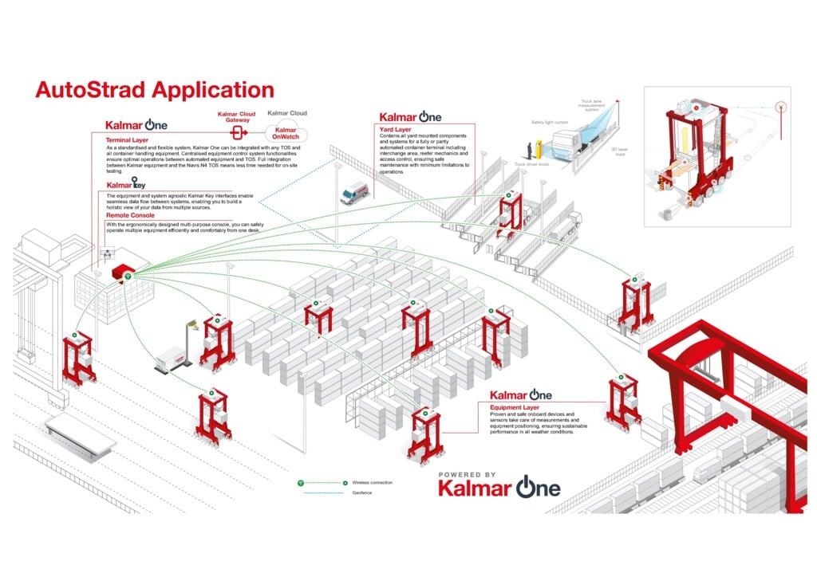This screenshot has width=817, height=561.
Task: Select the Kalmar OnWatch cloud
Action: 285,133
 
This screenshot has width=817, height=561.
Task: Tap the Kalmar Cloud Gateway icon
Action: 237,131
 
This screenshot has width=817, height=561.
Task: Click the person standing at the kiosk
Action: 527,150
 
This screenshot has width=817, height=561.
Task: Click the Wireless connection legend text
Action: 373,483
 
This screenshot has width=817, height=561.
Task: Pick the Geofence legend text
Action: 363,493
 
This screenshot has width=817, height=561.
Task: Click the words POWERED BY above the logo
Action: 467,473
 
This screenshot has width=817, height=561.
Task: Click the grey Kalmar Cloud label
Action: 286,114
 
